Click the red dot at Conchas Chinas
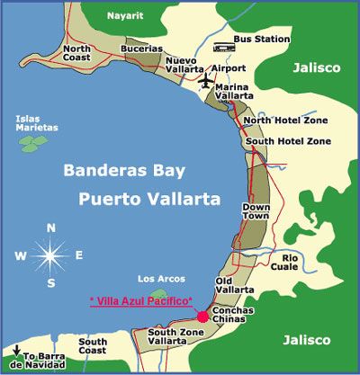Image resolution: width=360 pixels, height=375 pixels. tap(203, 316)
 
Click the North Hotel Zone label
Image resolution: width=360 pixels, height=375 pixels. tap(287, 120)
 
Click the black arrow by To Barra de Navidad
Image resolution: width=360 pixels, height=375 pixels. tap(14, 350)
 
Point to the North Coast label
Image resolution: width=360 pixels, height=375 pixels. tap(76, 52)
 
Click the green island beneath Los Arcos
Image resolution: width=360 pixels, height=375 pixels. tap(159, 293)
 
